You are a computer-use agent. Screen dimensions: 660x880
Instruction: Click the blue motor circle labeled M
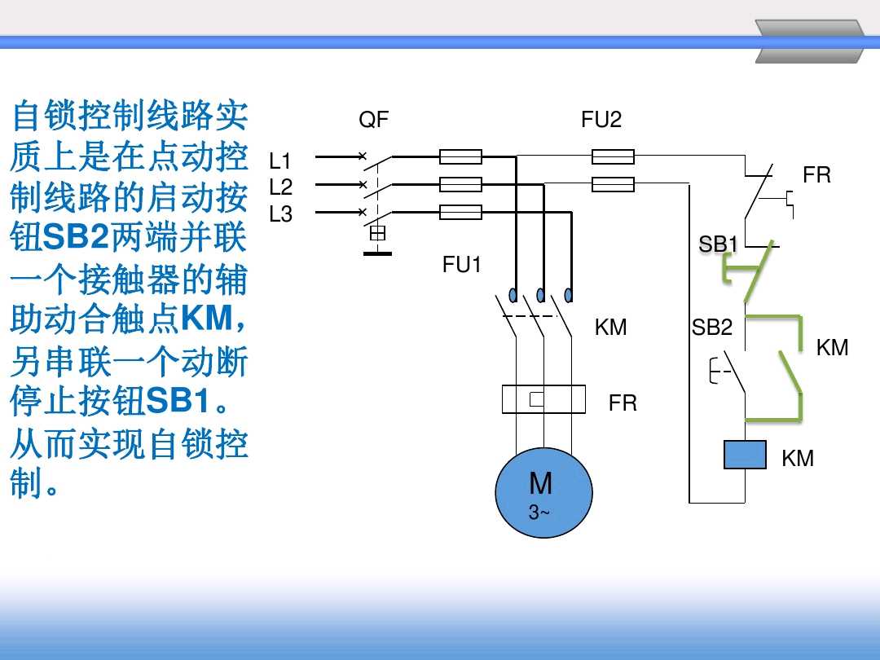click(x=543, y=492)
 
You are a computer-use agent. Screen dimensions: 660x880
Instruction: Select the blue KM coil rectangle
click(x=745, y=455)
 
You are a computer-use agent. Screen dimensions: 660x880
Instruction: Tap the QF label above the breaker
click(x=374, y=120)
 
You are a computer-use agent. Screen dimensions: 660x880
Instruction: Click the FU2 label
click(x=601, y=120)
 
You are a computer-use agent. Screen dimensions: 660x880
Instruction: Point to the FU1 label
click(x=462, y=264)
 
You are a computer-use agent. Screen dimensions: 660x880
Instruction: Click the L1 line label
click(x=280, y=161)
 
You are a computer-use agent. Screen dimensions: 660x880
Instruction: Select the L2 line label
click(x=280, y=187)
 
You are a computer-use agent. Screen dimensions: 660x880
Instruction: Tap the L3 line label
click(x=280, y=214)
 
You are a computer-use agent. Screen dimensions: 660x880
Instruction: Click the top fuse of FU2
click(x=613, y=156)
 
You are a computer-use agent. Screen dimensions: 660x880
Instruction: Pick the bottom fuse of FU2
click(x=613, y=185)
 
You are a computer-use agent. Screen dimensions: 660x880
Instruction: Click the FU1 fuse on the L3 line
click(x=460, y=213)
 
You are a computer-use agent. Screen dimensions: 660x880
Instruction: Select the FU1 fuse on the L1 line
click(x=460, y=156)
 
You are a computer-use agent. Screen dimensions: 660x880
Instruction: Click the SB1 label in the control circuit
click(x=718, y=244)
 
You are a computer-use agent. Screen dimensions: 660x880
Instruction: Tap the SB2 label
click(x=712, y=328)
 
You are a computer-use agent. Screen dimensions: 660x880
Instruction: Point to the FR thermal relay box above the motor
click(x=543, y=399)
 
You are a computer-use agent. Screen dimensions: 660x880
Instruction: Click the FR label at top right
click(x=816, y=175)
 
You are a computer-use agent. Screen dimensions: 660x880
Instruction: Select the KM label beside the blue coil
click(x=798, y=459)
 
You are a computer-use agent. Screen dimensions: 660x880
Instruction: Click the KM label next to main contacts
click(x=610, y=328)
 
